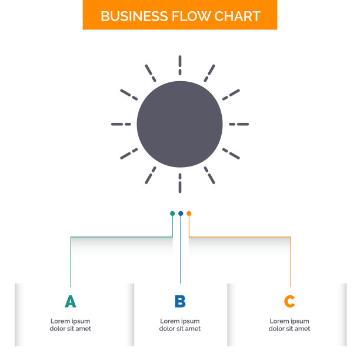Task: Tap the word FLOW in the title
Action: point(188,16)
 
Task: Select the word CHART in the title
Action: point(237,16)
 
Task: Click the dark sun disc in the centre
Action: point(180,124)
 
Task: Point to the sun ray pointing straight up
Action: point(180,65)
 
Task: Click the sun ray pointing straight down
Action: point(180,184)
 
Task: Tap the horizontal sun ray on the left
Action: point(121,124)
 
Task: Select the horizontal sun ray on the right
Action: point(239,124)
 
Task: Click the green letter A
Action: point(71,302)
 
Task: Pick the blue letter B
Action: point(180,302)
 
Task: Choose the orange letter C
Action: point(289,302)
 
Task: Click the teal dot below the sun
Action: point(172,214)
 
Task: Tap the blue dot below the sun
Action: point(181,214)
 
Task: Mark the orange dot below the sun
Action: point(189,214)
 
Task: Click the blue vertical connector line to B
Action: point(181,253)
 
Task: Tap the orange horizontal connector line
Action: point(241,237)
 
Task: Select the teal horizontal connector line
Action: point(121,237)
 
